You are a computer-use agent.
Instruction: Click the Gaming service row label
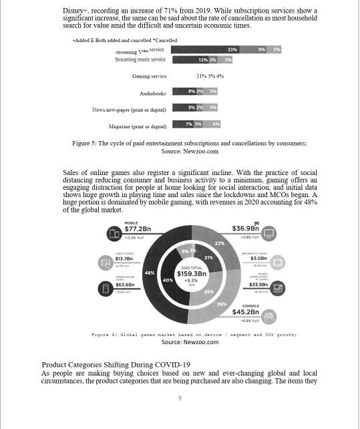click(149, 76)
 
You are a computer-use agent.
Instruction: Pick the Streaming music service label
click(140, 59)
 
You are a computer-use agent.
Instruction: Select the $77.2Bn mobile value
click(137, 229)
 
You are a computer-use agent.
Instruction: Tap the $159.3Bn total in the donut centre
click(192, 274)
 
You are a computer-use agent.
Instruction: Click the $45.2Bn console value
click(245, 312)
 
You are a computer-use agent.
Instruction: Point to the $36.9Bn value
click(245, 229)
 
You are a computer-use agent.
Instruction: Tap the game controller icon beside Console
click(271, 315)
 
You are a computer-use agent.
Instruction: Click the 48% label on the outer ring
click(150, 273)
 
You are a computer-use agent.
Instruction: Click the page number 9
click(179, 398)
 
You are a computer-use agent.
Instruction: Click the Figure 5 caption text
click(189, 143)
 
